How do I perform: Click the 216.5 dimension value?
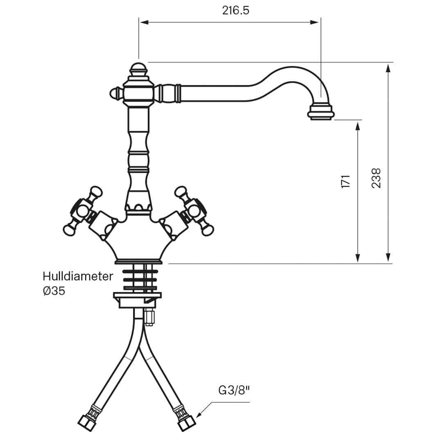[235, 11]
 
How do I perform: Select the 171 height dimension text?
[346, 182]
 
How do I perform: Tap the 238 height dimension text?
[376, 178]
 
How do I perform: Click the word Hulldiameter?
[78, 276]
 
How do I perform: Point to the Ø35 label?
[54, 291]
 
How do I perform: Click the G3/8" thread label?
[234, 391]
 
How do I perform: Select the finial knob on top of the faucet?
[138, 70]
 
